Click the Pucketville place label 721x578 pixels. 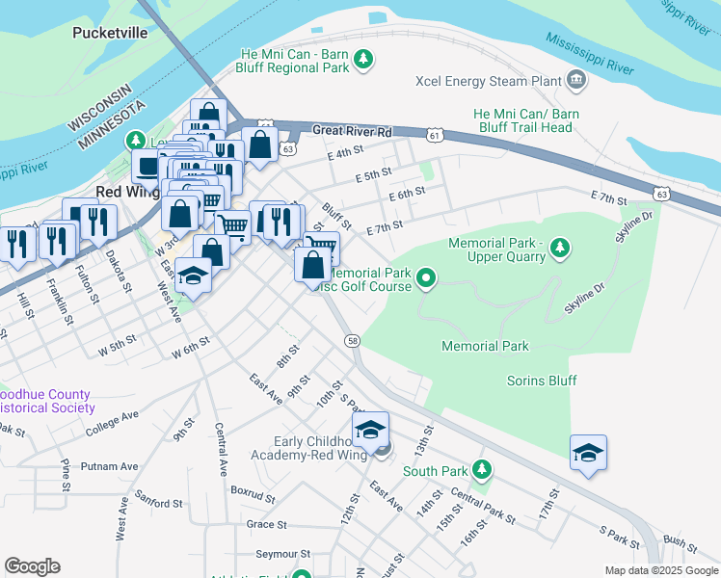pyautogui.click(x=110, y=33)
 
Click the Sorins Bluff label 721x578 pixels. pyautogui.click(x=542, y=381)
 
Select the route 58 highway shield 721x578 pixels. pyautogui.click(x=353, y=341)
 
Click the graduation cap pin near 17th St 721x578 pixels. pyautogui.click(x=587, y=452)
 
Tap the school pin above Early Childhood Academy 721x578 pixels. pyautogui.click(x=370, y=429)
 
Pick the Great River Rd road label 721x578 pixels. pyautogui.click(x=353, y=131)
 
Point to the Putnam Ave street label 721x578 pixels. pyautogui.click(x=110, y=466)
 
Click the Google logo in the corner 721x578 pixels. pyautogui.click(x=32, y=566)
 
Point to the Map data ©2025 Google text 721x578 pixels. pyautogui.click(x=660, y=570)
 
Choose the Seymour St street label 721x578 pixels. pyautogui.click(x=282, y=555)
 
